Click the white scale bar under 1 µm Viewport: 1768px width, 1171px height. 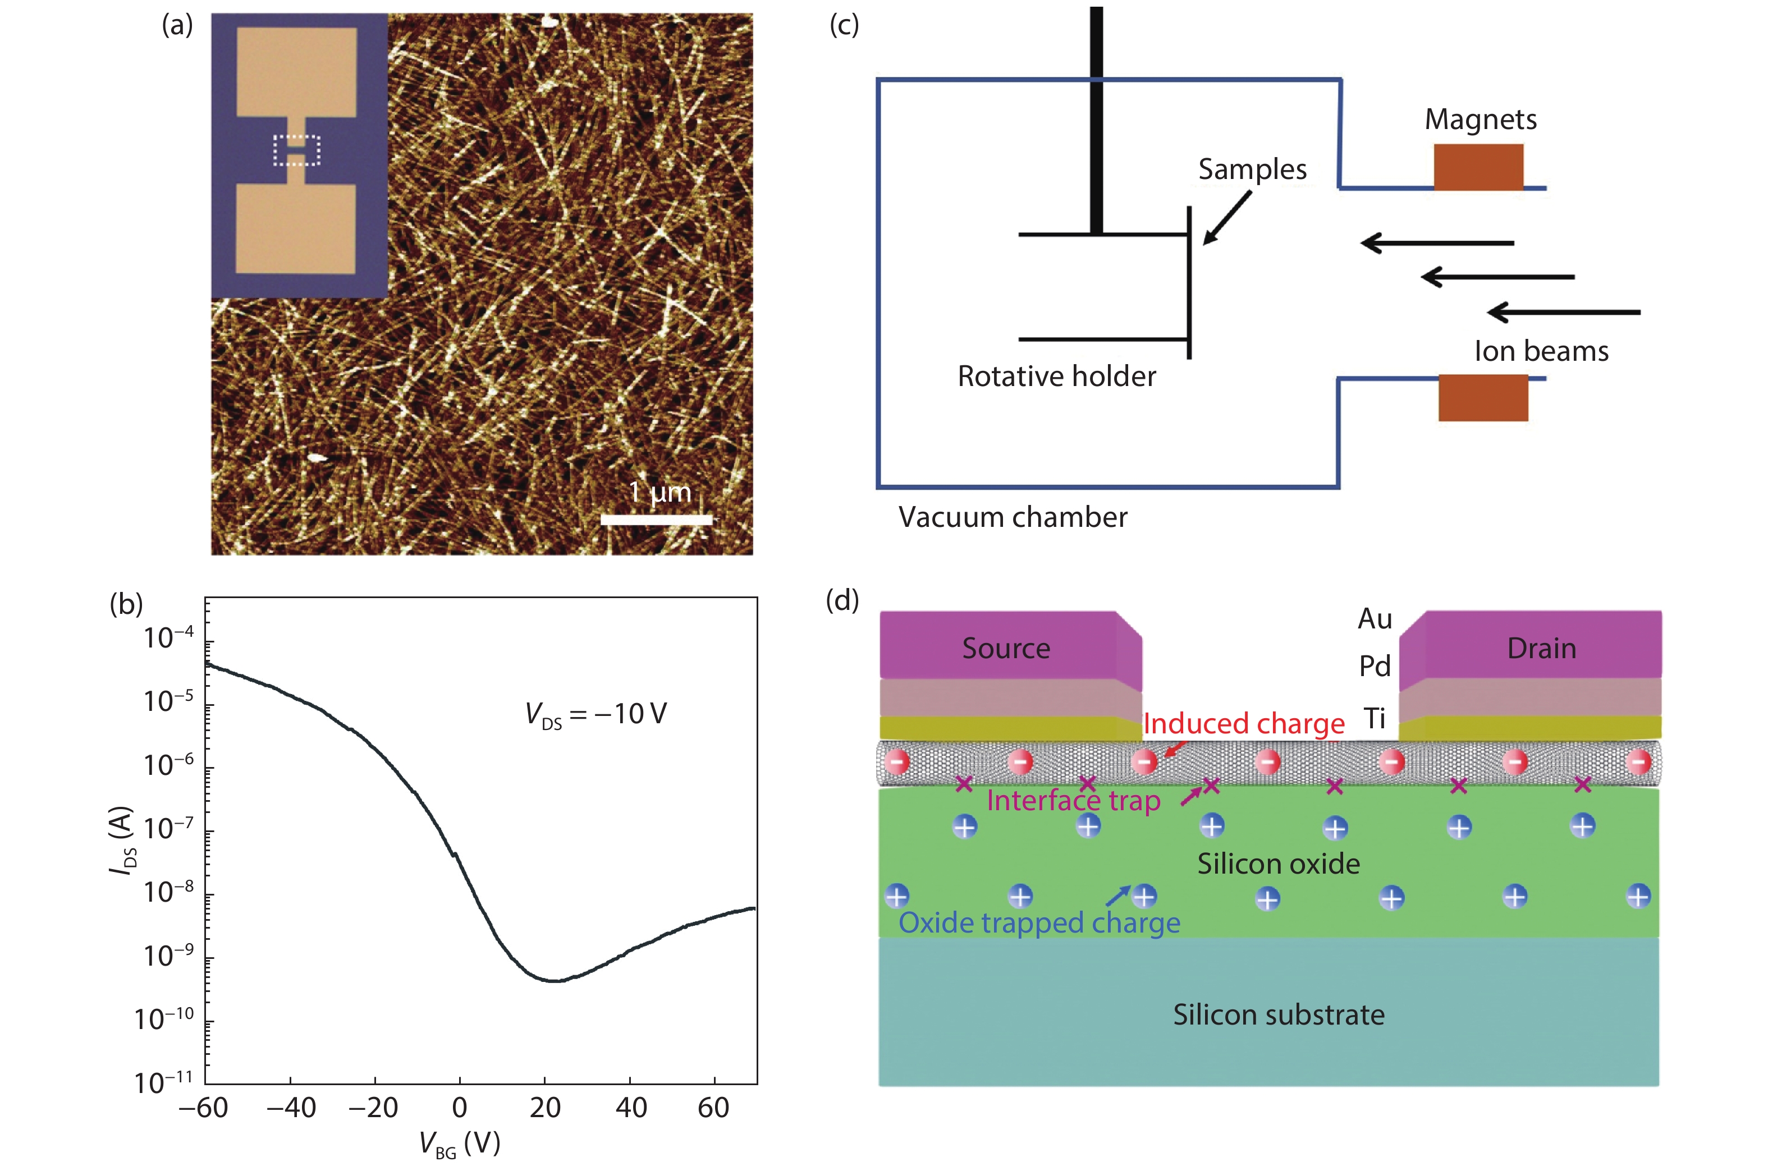coord(657,519)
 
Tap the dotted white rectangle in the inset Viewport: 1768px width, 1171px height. coord(296,150)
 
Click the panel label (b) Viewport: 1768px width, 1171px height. coord(126,603)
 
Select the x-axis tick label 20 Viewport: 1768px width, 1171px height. coord(544,1108)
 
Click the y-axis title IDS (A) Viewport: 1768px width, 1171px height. coord(122,839)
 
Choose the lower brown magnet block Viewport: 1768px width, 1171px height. coord(1483,398)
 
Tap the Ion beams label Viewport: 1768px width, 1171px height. coord(1541,351)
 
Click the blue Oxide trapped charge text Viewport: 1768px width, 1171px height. coord(1039,923)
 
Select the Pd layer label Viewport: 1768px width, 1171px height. coord(1375,665)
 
